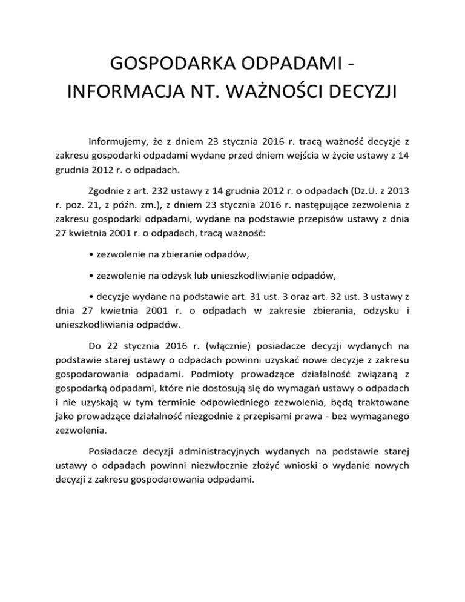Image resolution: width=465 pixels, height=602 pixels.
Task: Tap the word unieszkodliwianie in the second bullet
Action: [x=257, y=276]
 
